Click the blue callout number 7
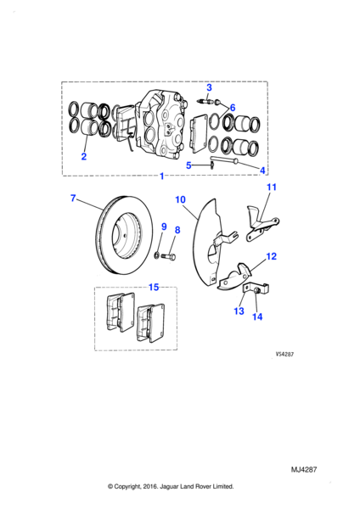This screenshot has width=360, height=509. [x=73, y=198]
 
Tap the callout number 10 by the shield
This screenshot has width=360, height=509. [x=180, y=199]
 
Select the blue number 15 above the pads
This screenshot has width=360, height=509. [x=154, y=287]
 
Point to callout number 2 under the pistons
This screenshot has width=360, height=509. [x=84, y=156]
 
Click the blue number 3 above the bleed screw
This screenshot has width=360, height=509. [x=209, y=87]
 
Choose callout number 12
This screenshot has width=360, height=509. [x=272, y=256]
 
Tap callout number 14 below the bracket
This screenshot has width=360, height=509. [x=257, y=316]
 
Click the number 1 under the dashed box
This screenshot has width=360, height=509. [x=162, y=176]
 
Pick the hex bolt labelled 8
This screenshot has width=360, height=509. [x=168, y=256]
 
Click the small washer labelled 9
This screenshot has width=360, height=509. [x=156, y=255]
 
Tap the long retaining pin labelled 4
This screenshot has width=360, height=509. [x=225, y=160]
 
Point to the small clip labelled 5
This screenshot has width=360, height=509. [x=211, y=166]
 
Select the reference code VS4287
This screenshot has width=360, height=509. [x=284, y=355]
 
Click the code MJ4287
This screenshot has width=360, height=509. [x=304, y=469]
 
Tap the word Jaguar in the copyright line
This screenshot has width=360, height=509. [x=169, y=487]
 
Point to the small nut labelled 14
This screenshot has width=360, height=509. [x=256, y=290]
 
